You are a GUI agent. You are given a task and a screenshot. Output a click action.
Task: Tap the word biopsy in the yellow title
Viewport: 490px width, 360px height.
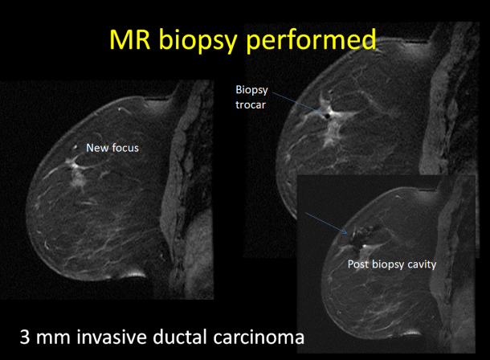click(x=198, y=41)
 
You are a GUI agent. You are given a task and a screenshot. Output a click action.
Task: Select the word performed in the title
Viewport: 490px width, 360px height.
click(x=311, y=41)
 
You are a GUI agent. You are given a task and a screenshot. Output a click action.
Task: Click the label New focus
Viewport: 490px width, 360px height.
click(x=112, y=148)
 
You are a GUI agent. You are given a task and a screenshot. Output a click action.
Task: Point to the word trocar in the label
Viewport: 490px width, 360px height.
click(x=251, y=104)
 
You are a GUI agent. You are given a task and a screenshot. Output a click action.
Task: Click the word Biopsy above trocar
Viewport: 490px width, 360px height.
click(x=251, y=90)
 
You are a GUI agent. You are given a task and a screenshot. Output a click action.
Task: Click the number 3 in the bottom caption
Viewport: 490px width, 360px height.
click(x=25, y=337)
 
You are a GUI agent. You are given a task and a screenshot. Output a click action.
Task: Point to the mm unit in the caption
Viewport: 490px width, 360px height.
click(x=53, y=339)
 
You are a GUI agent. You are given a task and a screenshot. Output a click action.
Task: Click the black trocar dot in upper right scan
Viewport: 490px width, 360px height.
click(x=327, y=116)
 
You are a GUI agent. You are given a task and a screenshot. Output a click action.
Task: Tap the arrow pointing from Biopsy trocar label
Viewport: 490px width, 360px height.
click(x=297, y=103)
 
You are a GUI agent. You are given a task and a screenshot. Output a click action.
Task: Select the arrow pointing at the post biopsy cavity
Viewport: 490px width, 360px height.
click(x=326, y=223)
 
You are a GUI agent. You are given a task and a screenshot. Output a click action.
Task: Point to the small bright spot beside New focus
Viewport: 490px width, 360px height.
click(x=75, y=146)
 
